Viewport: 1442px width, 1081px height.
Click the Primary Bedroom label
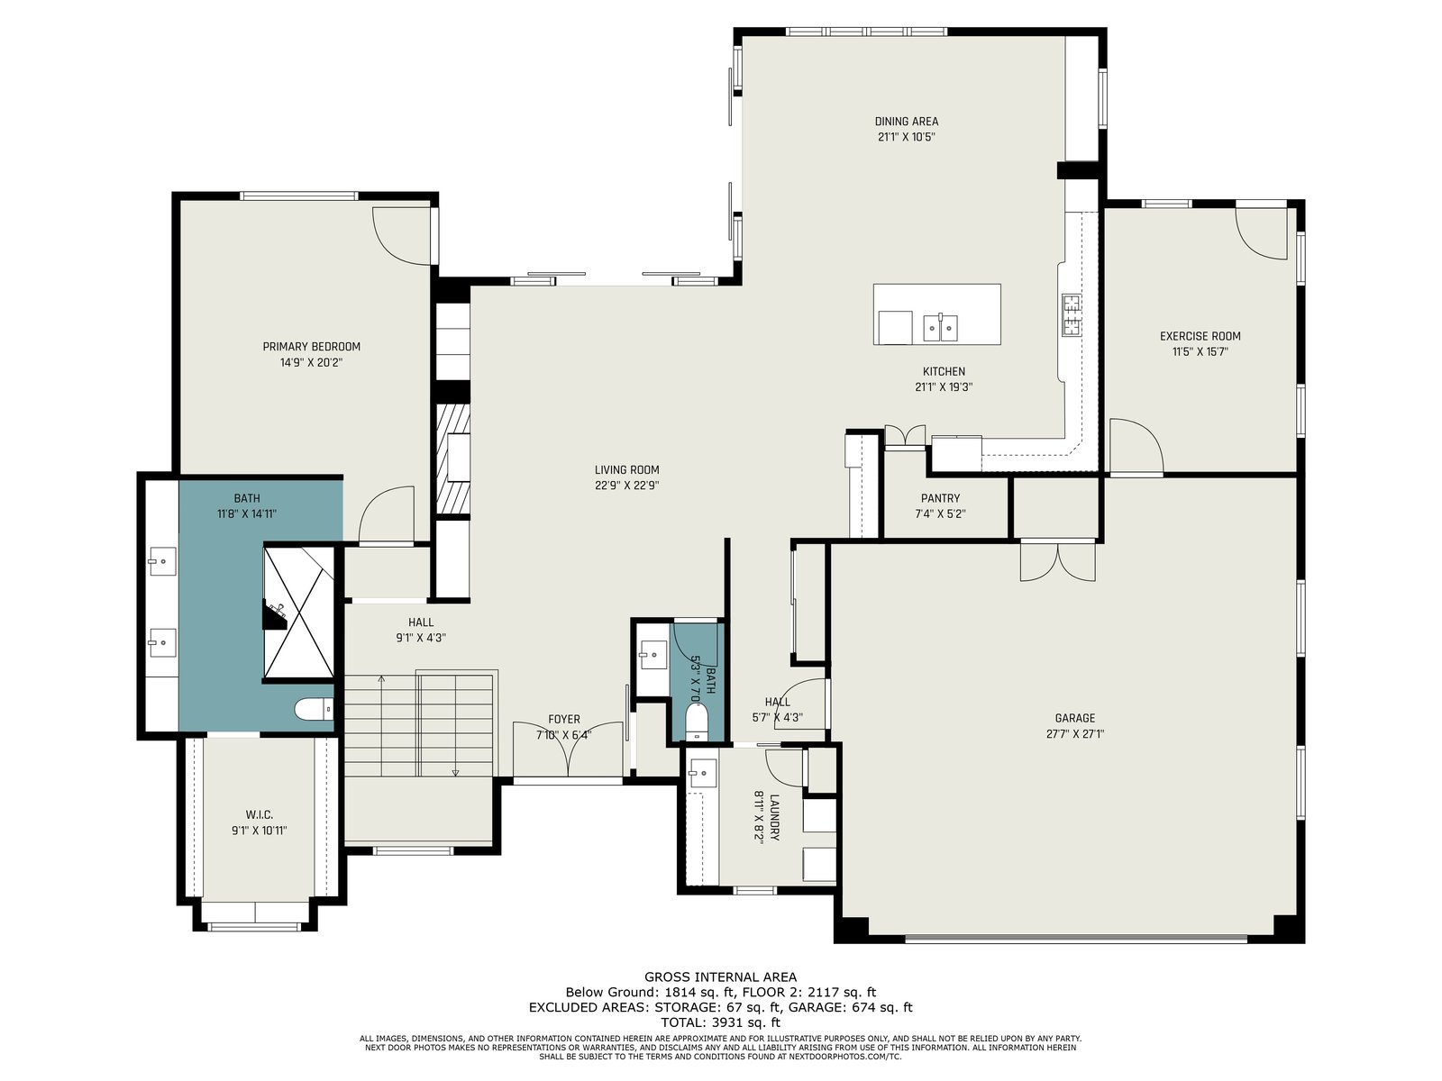click(312, 347)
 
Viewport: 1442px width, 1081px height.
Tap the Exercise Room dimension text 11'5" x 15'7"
click(1200, 352)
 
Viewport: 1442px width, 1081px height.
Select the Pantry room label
click(940, 498)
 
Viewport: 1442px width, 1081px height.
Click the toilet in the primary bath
click(314, 709)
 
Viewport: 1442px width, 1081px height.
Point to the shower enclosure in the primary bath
click(299, 612)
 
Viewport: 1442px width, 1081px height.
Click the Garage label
click(1075, 718)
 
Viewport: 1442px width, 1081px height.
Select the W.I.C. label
click(260, 814)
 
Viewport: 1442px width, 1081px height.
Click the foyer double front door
click(568, 749)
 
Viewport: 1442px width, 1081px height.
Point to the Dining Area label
click(906, 122)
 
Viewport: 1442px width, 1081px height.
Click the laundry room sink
click(701, 773)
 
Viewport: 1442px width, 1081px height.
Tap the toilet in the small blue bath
click(694, 721)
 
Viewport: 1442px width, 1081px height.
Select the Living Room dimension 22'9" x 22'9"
click(626, 486)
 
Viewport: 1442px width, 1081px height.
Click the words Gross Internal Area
click(720, 977)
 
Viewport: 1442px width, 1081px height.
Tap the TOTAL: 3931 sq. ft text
click(720, 1022)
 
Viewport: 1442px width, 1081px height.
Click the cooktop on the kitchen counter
click(1072, 315)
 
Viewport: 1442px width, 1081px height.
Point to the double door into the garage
click(1058, 560)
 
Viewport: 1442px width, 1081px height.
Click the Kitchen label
click(944, 371)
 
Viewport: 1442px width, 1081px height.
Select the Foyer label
click(563, 720)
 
